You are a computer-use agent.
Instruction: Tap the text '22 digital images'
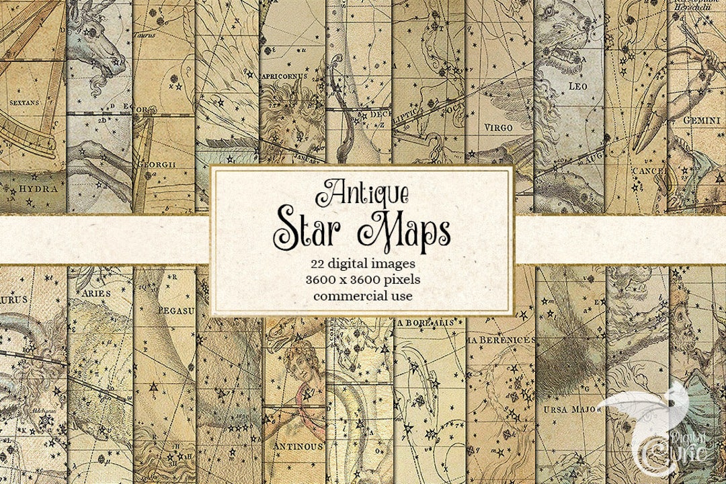[362, 262]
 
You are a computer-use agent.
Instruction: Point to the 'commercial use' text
[362, 294]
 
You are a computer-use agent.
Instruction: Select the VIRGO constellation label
[499, 126]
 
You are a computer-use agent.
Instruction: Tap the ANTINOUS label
[293, 446]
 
